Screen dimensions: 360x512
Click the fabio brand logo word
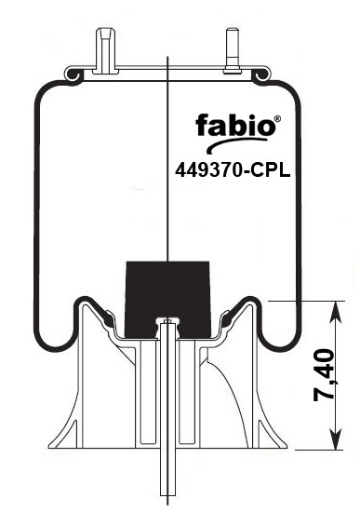235,125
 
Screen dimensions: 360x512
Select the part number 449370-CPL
233,170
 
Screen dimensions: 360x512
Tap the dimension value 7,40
324,374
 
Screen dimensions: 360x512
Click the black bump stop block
167,299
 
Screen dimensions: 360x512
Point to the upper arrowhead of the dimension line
336,311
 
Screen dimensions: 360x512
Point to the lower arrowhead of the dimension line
336,438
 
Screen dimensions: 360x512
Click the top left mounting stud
105,51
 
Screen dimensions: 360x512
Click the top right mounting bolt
232,51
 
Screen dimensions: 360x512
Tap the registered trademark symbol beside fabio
277,118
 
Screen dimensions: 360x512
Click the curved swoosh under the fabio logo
235,143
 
